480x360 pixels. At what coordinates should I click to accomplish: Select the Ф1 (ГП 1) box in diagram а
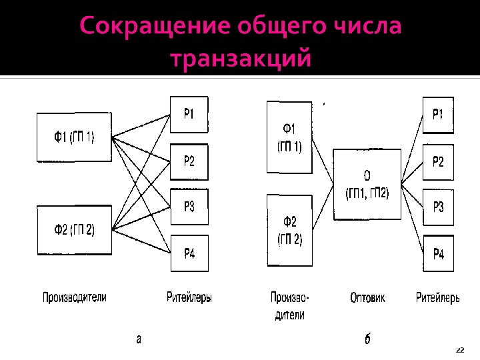click(x=74, y=138)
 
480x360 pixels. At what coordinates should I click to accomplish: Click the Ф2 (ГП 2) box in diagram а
click(x=74, y=230)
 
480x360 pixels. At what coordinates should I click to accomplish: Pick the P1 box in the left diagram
click(x=189, y=115)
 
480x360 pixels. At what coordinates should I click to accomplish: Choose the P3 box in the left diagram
click(x=189, y=207)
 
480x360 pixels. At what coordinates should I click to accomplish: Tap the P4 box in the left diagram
click(x=189, y=253)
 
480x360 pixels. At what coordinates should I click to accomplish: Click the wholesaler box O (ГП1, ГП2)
click(x=367, y=185)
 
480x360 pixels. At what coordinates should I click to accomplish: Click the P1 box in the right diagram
click(x=437, y=115)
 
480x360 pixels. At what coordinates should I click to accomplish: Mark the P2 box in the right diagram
click(x=437, y=161)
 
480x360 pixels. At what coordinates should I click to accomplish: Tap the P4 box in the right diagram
click(x=437, y=253)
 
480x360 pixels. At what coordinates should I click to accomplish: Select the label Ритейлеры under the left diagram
click(x=189, y=298)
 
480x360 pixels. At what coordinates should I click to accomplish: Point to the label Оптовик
click(x=367, y=298)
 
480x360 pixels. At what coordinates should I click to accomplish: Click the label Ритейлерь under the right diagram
click(x=438, y=298)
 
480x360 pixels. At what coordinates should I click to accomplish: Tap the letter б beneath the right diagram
click(x=367, y=339)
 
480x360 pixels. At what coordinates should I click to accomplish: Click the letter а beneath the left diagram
click(x=139, y=338)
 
